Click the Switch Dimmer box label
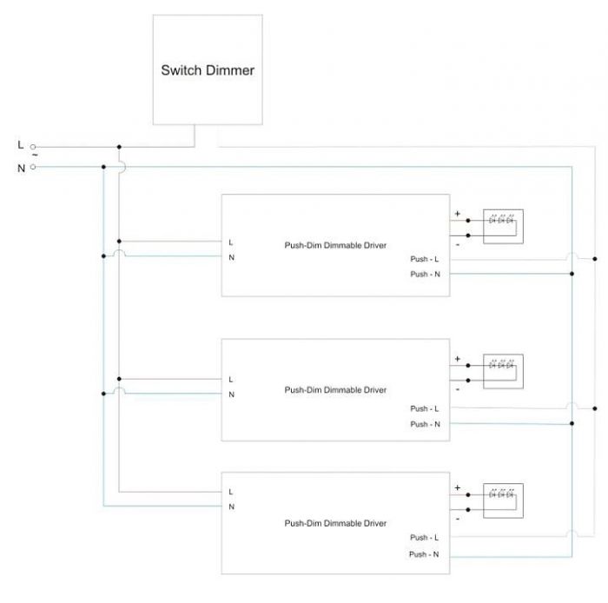pos(208,70)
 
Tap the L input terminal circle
pos(33,148)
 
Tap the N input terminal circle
pos(33,167)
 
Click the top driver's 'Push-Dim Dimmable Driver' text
pos(335,245)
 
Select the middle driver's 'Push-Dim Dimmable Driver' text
pos(335,390)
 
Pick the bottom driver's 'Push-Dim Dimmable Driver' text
pos(335,523)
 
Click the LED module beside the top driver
pos(503,226)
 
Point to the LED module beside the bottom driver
pos(503,500)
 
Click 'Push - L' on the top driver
pos(425,259)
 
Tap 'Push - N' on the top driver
pos(425,275)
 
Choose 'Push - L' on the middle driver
pos(425,408)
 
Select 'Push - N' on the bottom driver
pos(425,553)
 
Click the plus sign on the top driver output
pos(458,213)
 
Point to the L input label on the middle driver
pos(231,380)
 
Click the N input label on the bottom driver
pos(231,506)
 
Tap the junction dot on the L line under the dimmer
pos(119,148)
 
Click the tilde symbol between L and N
pos(34,156)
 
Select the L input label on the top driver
pos(231,242)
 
